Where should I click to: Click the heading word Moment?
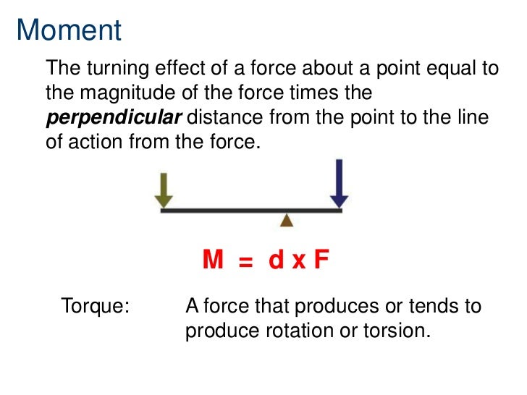(x=69, y=30)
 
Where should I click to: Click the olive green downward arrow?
(x=164, y=190)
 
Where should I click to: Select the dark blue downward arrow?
(x=339, y=183)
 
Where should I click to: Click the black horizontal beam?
(x=250, y=211)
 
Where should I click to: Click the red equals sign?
(x=246, y=262)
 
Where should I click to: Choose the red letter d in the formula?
(x=276, y=260)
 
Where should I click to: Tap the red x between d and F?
(x=298, y=262)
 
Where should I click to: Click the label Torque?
(x=96, y=306)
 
